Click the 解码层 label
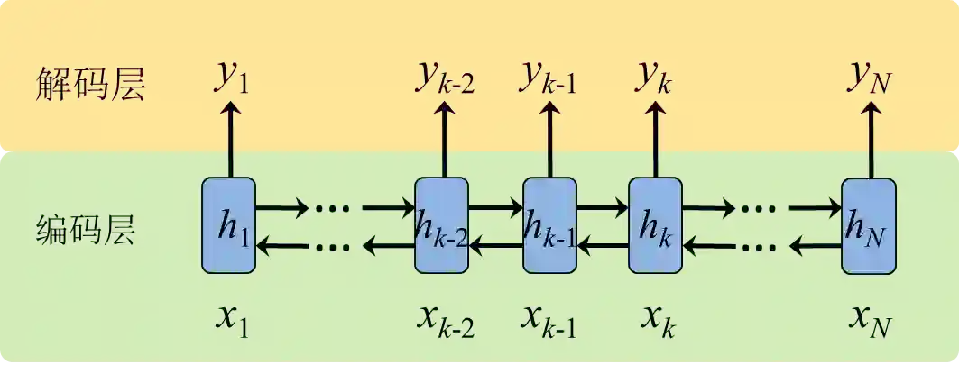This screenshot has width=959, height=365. click(x=90, y=85)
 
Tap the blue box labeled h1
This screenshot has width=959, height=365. click(x=229, y=225)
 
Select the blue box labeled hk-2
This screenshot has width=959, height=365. click(x=441, y=225)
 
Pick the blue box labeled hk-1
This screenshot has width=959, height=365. click(x=549, y=225)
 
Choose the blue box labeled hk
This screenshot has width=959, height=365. click(x=655, y=225)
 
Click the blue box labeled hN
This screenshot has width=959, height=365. click(x=869, y=225)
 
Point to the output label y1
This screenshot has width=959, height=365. click(x=231, y=79)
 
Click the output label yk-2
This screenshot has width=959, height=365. click(x=445, y=79)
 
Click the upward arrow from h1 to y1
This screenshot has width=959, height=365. click(x=230, y=140)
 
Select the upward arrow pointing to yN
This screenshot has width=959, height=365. click(x=870, y=140)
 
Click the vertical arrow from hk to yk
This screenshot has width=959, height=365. click(x=655, y=140)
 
